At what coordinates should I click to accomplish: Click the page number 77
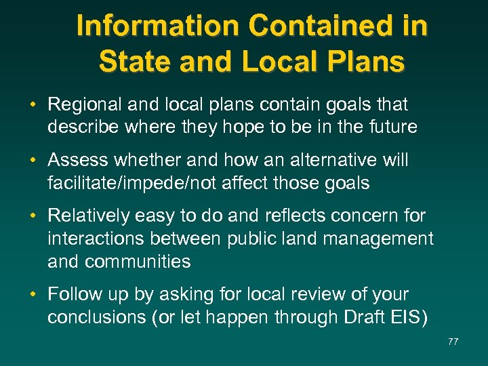pos(453,342)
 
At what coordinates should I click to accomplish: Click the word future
pos(392,127)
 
